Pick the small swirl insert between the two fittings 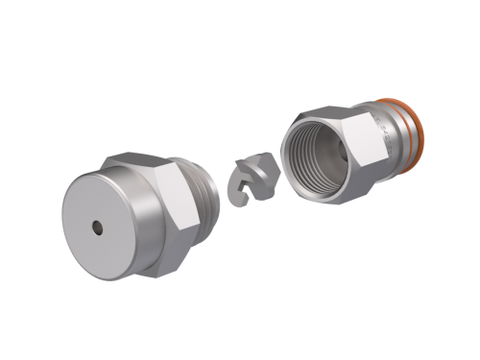253,181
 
